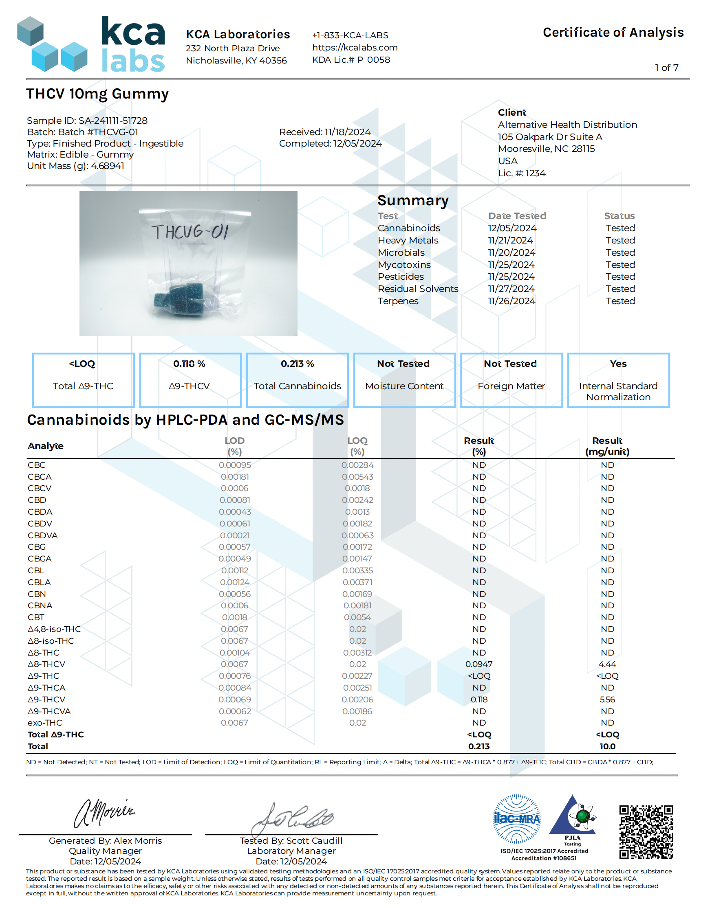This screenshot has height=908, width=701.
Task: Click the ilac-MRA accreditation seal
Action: point(516,818)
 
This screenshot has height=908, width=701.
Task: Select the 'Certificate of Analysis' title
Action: point(613,33)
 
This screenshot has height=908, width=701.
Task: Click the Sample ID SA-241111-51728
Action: point(113,121)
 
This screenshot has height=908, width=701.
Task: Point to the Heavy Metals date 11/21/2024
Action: point(510,240)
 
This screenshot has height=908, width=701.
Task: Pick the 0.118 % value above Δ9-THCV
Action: point(189,364)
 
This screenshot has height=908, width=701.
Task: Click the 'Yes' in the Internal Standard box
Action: point(618,364)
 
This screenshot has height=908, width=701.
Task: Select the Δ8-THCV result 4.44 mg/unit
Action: point(607,664)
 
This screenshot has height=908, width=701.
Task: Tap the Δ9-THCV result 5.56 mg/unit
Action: point(607,699)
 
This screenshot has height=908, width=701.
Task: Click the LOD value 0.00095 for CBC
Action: point(235,465)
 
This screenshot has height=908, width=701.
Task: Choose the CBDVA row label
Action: point(42,535)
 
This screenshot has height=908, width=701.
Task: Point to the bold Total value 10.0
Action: point(607,746)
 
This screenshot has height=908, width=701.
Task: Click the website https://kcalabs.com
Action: point(355,47)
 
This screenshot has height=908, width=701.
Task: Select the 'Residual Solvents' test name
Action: point(418,289)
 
